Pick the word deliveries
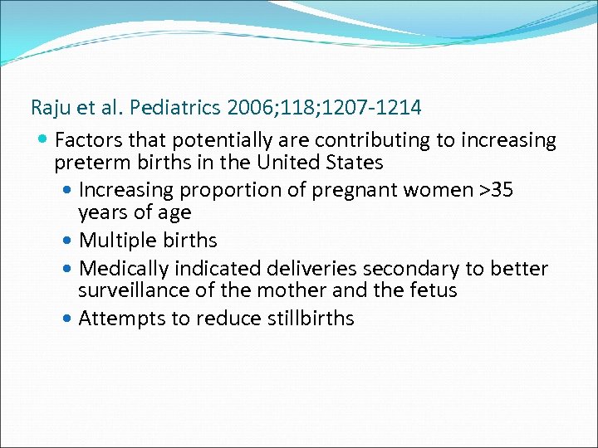pyautogui.click(x=311, y=269)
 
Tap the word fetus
pyautogui.click(x=433, y=290)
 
